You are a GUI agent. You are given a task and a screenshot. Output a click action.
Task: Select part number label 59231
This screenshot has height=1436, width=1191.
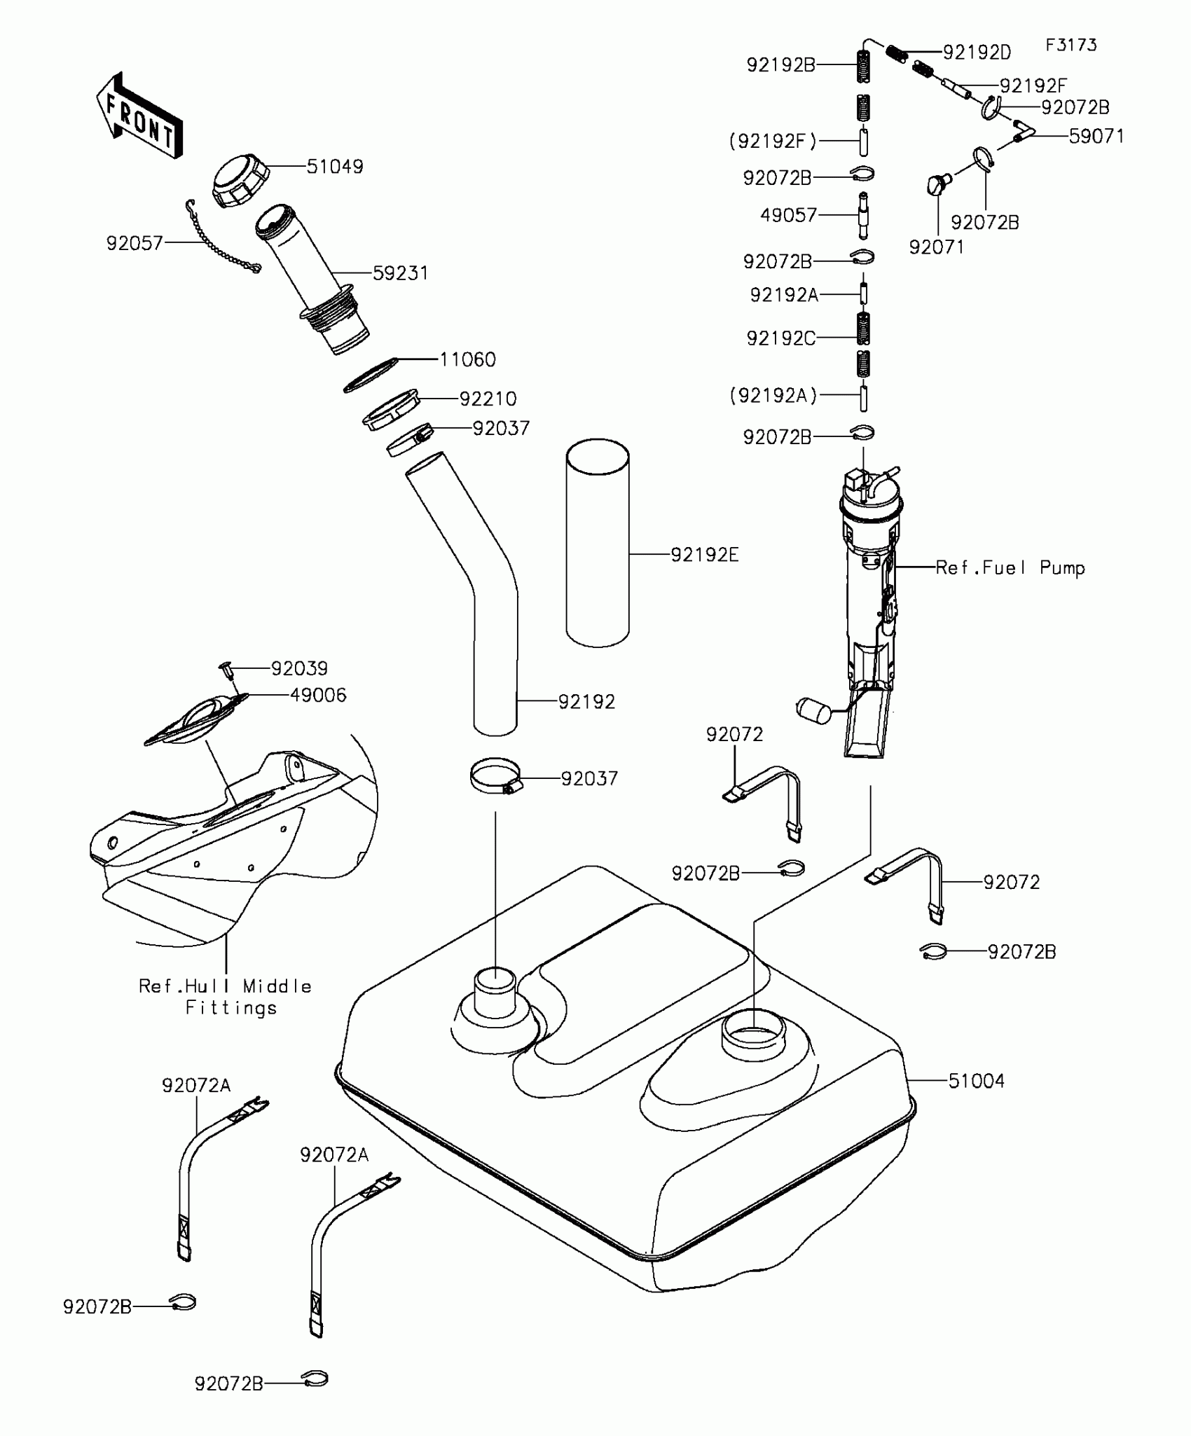pyautogui.click(x=400, y=273)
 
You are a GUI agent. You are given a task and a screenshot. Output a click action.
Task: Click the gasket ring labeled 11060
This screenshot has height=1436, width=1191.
pyautogui.click(x=371, y=376)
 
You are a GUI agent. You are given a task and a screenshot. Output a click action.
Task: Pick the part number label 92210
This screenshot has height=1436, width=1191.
pyautogui.click(x=488, y=399)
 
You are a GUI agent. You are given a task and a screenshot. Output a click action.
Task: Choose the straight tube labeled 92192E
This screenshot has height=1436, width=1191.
pyautogui.click(x=598, y=543)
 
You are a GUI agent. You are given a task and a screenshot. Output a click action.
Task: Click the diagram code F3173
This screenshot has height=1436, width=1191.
pyautogui.click(x=1071, y=46)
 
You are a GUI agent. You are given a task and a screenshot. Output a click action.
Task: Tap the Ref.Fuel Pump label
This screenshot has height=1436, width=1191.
pyautogui.click(x=1010, y=567)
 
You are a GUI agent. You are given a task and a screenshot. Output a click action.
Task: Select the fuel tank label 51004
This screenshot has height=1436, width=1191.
pyautogui.click(x=976, y=1081)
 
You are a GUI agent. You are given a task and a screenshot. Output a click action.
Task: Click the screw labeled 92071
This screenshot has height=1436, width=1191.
pyautogui.click(x=937, y=184)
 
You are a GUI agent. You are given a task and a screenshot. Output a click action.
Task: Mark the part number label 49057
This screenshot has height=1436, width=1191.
pyautogui.click(x=789, y=215)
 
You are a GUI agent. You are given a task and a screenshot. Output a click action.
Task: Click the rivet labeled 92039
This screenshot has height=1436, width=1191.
pyautogui.click(x=226, y=669)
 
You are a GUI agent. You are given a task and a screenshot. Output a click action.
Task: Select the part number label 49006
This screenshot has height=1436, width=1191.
pyautogui.click(x=318, y=695)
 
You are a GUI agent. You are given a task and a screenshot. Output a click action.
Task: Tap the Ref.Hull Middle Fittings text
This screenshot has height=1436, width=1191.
pyautogui.click(x=226, y=997)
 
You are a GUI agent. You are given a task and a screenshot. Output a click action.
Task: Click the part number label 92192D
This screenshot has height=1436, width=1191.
pyautogui.click(x=977, y=53)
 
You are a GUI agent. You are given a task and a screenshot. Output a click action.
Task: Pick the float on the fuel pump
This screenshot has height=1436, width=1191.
pyautogui.click(x=813, y=710)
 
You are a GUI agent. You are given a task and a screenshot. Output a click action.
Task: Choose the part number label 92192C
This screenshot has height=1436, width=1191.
pyautogui.click(x=780, y=338)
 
